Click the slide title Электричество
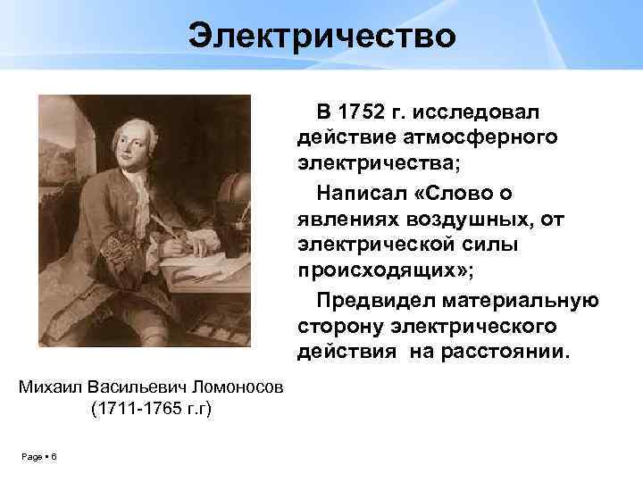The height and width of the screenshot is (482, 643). point(321,37)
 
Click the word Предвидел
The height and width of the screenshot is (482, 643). point(383,298)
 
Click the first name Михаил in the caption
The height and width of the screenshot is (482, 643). point(52,387)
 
